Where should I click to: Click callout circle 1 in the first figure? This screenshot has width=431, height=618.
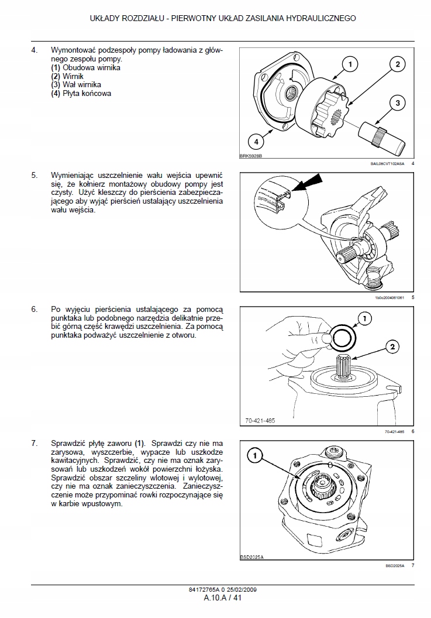click(349, 64)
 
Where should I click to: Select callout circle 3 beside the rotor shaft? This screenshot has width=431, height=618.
click(397, 103)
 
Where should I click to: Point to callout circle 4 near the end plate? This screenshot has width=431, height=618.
click(255, 140)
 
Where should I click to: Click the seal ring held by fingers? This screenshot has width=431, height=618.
click(341, 337)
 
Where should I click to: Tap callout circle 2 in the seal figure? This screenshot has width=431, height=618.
click(392, 347)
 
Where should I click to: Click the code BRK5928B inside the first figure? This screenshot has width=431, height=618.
click(251, 156)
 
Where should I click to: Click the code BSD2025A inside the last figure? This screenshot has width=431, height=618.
click(252, 557)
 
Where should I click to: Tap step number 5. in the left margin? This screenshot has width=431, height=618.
click(35, 175)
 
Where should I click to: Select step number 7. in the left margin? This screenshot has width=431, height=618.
click(35, 443)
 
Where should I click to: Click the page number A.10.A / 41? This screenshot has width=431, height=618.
click(215, 598)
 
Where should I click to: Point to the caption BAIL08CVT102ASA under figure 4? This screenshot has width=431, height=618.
click(388, 164)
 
